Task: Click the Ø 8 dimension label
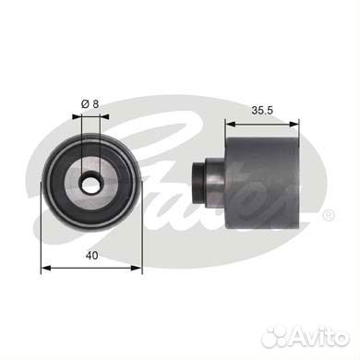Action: (x=90, y=104)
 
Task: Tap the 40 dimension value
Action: (x=91, y=256)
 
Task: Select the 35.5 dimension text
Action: (x=262, y=111)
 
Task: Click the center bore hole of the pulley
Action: (x=90, y=185)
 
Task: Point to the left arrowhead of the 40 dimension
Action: (x=45, y=269)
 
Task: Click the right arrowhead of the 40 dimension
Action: (x=137, y=269)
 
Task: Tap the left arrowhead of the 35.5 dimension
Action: (x=230, y=124)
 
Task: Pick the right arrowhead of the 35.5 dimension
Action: (x=294, y=124)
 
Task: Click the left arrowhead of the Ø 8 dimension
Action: (x=77, y=116)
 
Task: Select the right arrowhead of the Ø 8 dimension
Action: (x=104, y=116)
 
